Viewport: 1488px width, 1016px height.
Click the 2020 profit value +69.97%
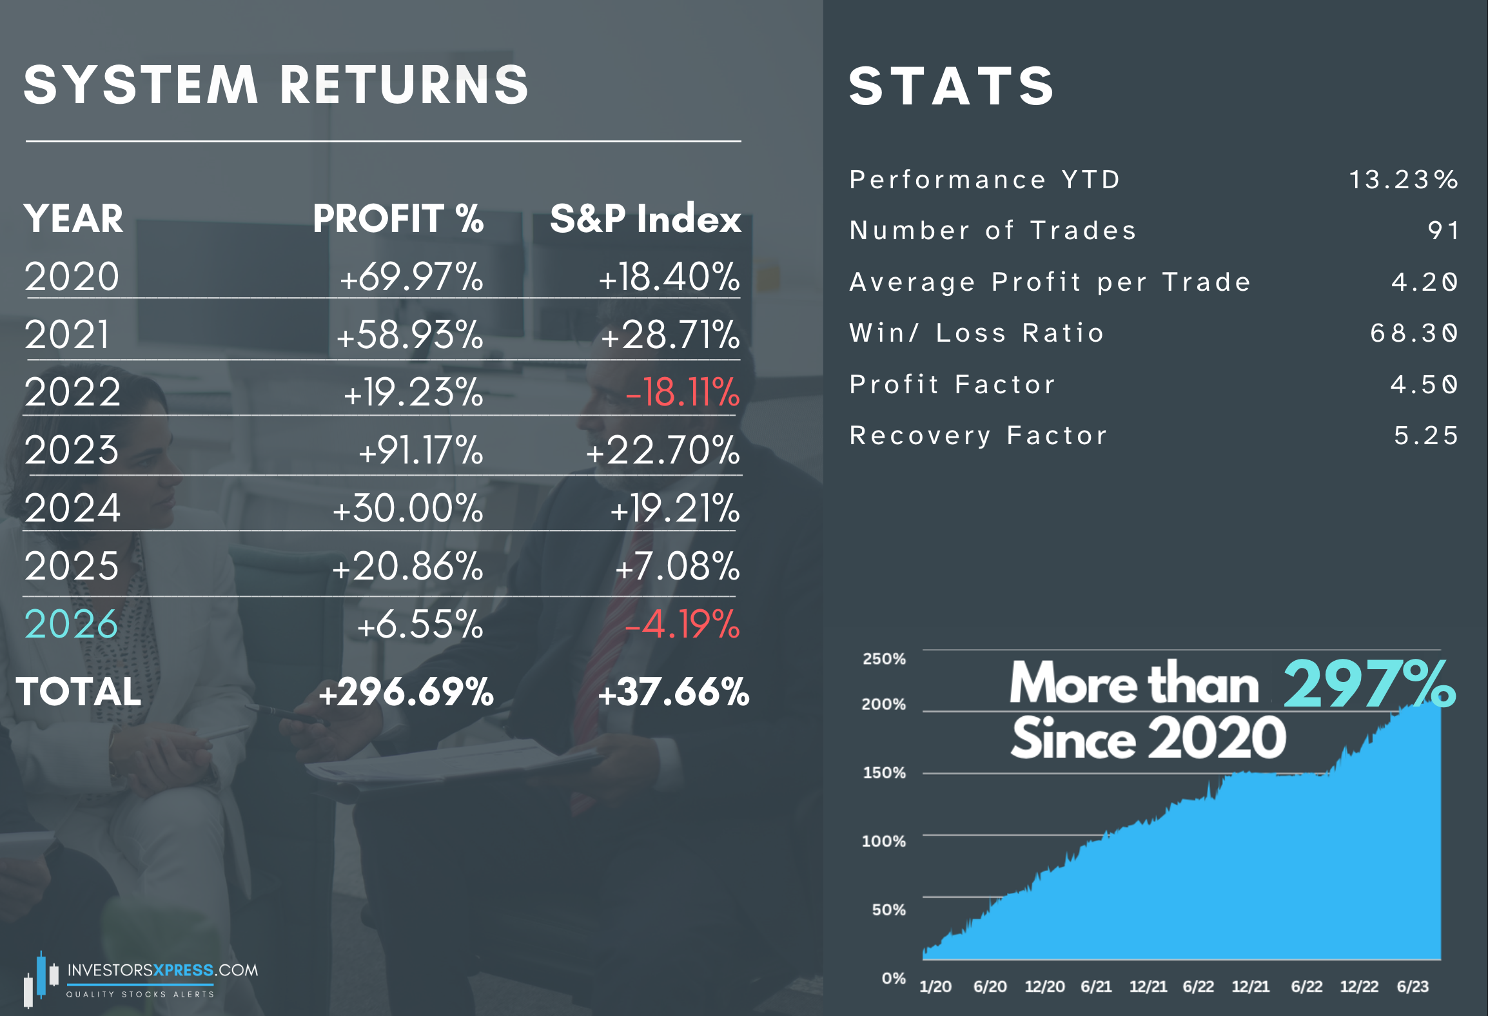point(411,277)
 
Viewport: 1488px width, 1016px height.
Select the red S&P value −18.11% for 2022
point(683,392)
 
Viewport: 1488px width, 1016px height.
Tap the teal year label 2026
point(72,624)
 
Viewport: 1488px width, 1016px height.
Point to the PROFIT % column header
point(398,219)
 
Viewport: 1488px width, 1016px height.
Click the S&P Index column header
point(645,219)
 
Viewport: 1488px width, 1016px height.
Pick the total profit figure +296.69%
point(406,692)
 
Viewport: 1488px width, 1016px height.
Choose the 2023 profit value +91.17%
point(420,450)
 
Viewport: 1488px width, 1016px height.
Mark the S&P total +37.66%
point(674,692)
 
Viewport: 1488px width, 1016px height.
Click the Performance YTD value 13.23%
point(1403,180)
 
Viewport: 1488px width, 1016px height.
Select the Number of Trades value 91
point(1443,231)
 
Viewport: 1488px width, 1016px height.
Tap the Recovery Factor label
point(978,436)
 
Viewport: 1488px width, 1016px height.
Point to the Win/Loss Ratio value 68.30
point(1413,333)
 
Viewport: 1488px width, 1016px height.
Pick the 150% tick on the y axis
point(884,773)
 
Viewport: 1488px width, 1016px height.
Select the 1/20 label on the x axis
point(935,986)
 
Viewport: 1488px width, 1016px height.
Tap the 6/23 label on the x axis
point(1412,986)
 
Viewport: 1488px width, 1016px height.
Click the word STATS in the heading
point(951,86)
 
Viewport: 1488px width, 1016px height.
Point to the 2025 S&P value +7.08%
point(677,566)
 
